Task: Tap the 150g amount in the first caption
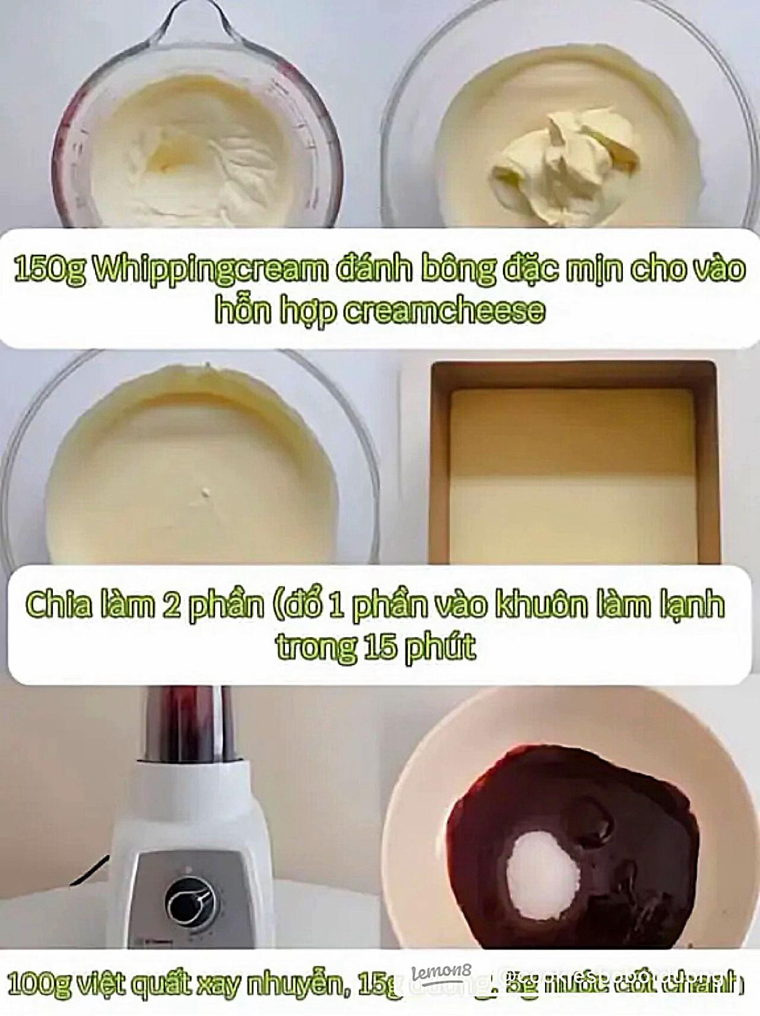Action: (x=49, y=269)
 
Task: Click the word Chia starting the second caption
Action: (x=59, y=605)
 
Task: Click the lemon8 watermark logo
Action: (x=441, y=972)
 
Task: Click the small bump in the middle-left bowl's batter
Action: (x=206, y=492)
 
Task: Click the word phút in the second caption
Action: (x=440, y=647)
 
